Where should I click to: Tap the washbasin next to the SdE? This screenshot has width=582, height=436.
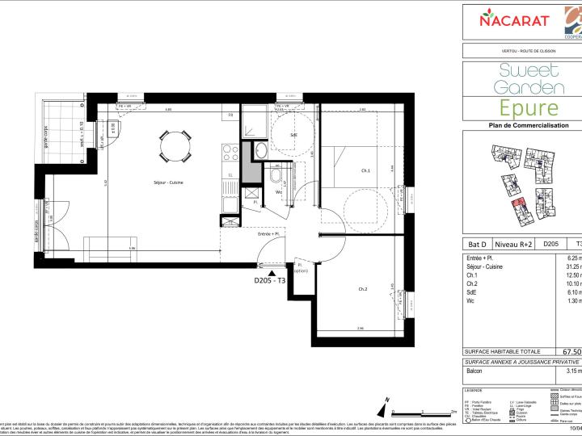260,152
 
